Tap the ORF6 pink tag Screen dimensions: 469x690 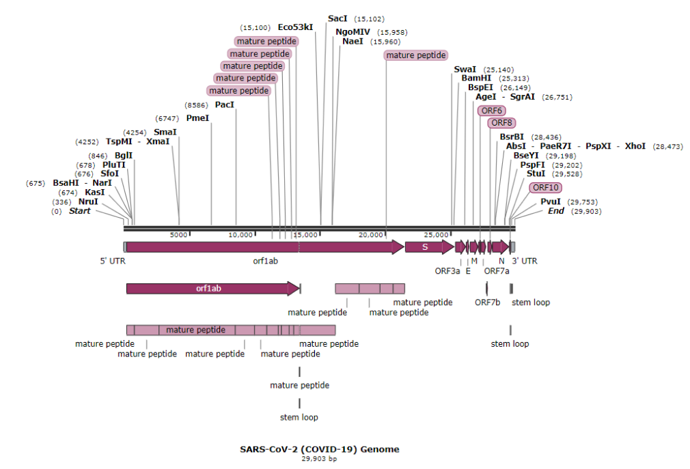pyautogui.click(x=492, y=111)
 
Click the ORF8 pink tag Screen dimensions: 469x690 pyautogui.click(x=501, y=123)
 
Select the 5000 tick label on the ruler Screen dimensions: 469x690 pyautogui.click(x=178, y=234)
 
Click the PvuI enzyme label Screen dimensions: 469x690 pyautogui.click(x=551, y=201)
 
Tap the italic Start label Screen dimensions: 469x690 pyautogui.click(x=79, y=211)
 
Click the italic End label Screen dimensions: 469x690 pyautogui.click(x=556, y=211)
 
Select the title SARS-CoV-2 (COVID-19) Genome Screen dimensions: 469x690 pyautogui.click(x=319, y=449)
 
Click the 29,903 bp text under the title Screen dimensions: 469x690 pyautogui.click(x=319, y=459)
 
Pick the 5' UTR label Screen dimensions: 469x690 pyautogui.click(x=113, y=261)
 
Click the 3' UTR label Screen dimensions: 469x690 pyautogui.click(x=524, y=261)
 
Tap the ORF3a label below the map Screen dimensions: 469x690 pyautogui.click(x=447, y=270)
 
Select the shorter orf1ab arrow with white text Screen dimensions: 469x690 pyautogui.click(x=212, y=288)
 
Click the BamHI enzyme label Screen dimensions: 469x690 pyautogui.click(x=476, y=78)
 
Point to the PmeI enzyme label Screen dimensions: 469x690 pyautogui.click(x=197, y=117)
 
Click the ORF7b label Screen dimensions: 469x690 pyautogui.click(x=488, y=302)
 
